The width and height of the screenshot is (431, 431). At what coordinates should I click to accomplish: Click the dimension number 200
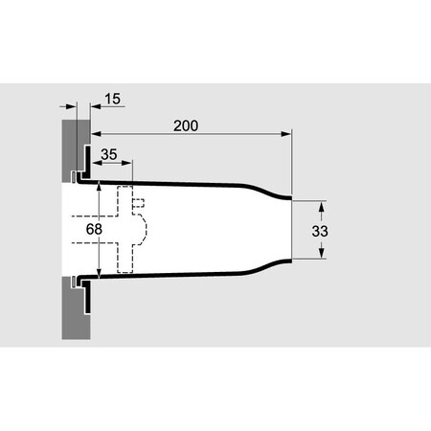pyautogui.click(x=186, y=125)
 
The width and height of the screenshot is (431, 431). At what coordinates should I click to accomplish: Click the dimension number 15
pyautogui.click(x=112, y=99)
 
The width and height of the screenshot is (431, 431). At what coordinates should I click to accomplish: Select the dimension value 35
pyautogui.click(x=109, y=154)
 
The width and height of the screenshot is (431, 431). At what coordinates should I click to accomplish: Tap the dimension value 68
pyautogui.click(x=94, y=229)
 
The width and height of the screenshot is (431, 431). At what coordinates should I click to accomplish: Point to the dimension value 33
pyautogui.click(x=320, y=231)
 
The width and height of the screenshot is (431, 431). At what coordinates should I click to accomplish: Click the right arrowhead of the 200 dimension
pyautogui.click(x=286, y=134)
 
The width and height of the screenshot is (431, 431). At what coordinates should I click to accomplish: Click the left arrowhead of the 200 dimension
pyautogui.click(x=96, y=134)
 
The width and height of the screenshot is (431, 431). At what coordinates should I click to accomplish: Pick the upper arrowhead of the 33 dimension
pyautogui.click(x=322, y=206)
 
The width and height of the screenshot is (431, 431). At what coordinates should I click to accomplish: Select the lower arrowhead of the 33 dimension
pyautogui.click(x=322, y=253)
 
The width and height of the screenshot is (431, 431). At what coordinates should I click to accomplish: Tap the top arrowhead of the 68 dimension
pyautogui.click(x=99, y=186)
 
